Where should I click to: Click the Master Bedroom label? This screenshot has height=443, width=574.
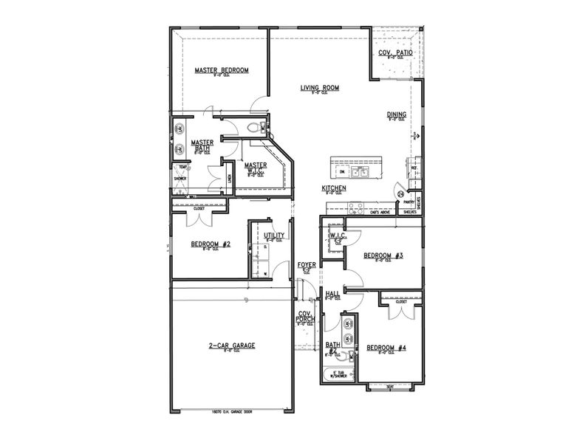click(222, 71)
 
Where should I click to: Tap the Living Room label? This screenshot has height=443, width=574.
click(319, 88)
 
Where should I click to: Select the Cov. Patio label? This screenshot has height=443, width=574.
click(395, 54)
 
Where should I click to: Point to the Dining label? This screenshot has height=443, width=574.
click(397, 114)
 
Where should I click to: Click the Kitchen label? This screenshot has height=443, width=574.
click(334, 189)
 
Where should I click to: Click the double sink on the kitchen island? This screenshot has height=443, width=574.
click(360, 172)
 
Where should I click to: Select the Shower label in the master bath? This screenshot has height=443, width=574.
click(180, 179)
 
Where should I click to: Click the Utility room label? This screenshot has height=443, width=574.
click(274, 236)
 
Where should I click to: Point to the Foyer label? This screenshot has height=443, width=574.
click(307, 264)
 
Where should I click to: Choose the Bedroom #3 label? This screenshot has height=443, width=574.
click(383, 255)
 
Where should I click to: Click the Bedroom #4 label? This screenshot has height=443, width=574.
click(386, 348)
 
